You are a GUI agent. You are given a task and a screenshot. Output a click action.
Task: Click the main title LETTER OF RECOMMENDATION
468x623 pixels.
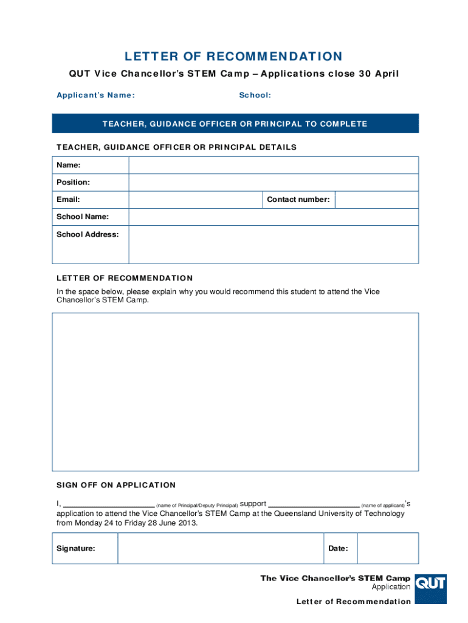tap(234, 57)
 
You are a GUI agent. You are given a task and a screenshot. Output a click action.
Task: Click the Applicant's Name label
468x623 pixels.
tap(95, 95)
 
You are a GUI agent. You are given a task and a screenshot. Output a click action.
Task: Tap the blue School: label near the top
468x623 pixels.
tap(255, 95)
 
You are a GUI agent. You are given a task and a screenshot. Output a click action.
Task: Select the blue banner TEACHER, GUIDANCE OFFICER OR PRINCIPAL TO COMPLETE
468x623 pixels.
tap(235, 124)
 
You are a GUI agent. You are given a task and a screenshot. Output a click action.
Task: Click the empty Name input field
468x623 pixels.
tap(273, 165)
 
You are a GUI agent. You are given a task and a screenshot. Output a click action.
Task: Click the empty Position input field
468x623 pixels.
tap(273, 183)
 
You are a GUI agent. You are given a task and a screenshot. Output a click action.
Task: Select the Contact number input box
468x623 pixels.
tap(376, 200)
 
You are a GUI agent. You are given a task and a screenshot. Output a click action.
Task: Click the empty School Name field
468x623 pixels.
tap(273, 217)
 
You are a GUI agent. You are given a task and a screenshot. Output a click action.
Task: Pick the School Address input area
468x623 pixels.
tap(273, 245)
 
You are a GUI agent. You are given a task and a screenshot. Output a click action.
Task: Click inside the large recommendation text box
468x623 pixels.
tap(235, 392)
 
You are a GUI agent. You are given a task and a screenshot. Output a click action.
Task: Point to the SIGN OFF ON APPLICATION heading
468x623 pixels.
tap(116, 485)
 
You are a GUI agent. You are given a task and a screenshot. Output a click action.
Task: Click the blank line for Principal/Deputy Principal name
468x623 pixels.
tap(109, 504)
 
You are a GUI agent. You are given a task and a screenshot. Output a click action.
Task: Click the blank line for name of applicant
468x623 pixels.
tap(314, 504)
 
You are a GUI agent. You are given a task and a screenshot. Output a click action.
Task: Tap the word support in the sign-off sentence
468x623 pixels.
tap(253, 504)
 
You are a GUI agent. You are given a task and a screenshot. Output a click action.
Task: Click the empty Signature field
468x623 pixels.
tap(219, 549)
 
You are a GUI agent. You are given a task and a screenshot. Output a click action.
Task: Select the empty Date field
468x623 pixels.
tap(387, 549)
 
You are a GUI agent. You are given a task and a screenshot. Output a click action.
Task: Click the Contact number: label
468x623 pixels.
tap(298, 200)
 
